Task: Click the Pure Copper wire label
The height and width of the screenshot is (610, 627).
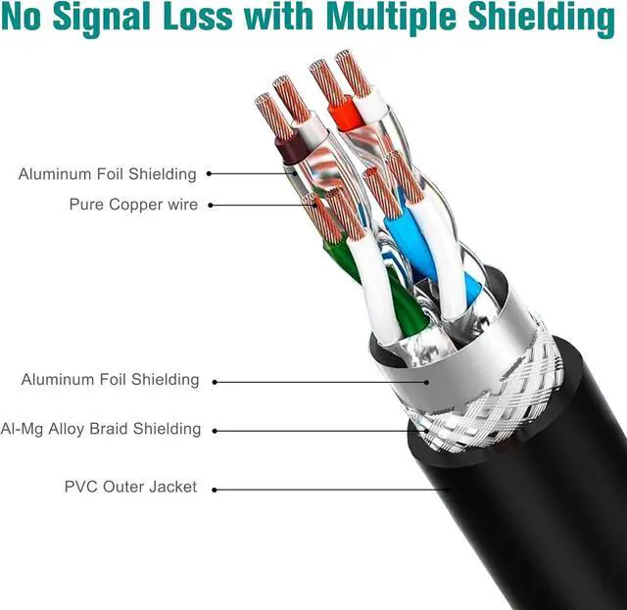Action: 133,205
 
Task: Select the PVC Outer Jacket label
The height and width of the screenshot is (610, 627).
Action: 130,487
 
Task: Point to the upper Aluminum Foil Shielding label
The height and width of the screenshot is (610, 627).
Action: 107,174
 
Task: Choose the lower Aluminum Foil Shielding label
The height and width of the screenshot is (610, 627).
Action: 110,380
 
